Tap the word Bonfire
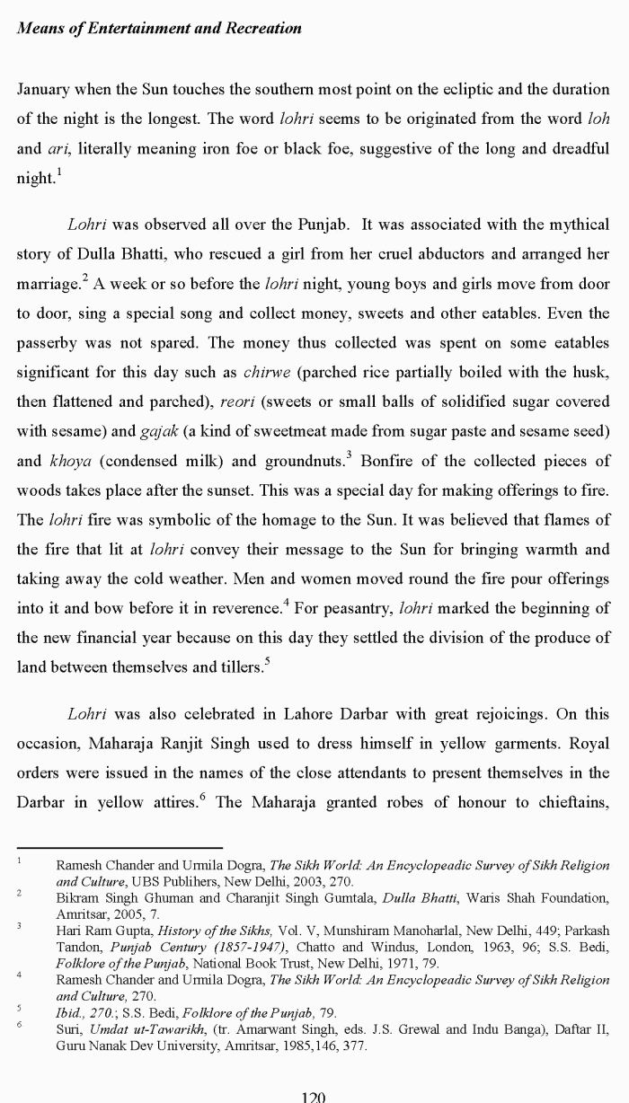pyautogui.click(x=397, y=461)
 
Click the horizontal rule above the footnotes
pyautogui.click(x=120, y=847)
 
